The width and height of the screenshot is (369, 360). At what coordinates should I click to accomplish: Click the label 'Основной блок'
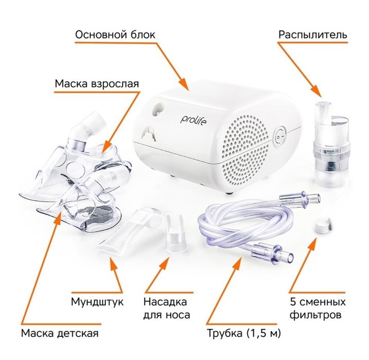pos(115,34)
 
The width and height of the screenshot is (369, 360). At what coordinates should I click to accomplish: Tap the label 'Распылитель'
pos(312,34)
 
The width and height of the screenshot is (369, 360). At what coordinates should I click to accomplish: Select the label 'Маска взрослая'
pos(97,83)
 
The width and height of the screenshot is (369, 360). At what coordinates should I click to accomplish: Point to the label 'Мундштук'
pos(97,301)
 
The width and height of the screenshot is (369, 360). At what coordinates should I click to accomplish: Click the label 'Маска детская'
pos(60,333)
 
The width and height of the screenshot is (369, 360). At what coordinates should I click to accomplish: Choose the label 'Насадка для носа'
pos(165,308)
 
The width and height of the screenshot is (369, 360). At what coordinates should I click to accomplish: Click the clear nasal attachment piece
pos(176,234)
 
